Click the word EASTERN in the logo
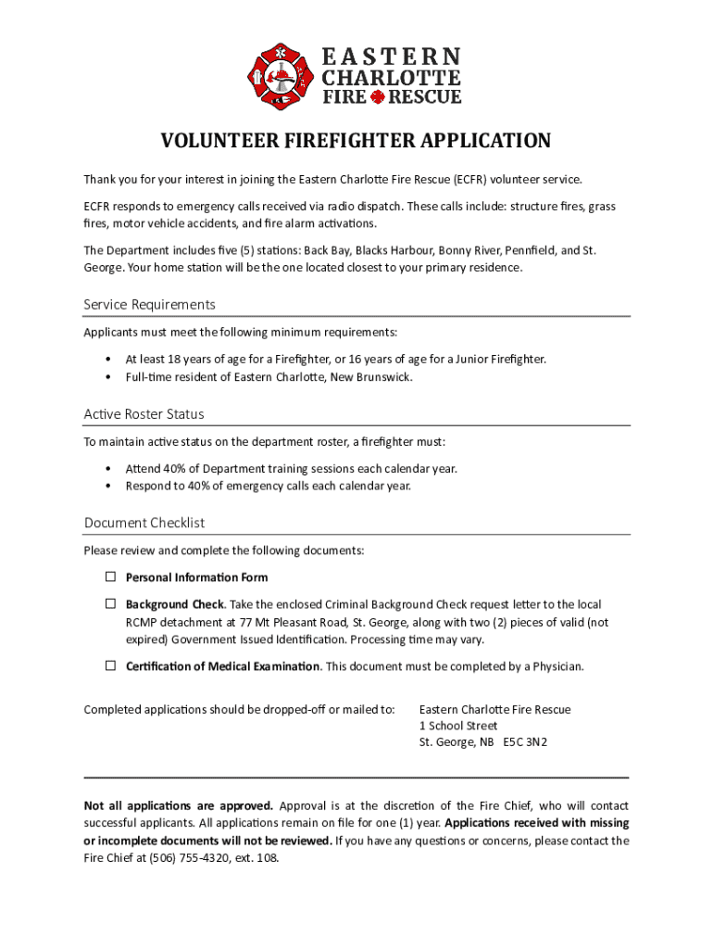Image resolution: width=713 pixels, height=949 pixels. tap(391, 57)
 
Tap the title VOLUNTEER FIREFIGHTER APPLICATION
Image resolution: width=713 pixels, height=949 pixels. tap(356, 141)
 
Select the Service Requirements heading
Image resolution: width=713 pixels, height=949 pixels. tap(149, 305)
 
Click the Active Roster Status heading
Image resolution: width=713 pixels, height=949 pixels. tap(144, 414)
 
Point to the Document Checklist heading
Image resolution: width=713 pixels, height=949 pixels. tap(144, 523)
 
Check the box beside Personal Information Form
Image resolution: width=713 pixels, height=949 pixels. tap(109, 577)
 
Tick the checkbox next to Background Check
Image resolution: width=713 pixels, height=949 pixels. tap(109, 604)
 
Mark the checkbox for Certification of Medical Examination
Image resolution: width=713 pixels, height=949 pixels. tap(109, 666)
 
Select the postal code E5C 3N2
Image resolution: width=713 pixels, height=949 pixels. tap(525, 743)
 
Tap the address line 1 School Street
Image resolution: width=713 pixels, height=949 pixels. tap(458, 727)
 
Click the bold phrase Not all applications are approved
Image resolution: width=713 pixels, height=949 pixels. tap(179, 805)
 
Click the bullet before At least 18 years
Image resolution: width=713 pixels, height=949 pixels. tap(109, 360)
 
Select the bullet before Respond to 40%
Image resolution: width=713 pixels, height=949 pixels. tap(109, 487)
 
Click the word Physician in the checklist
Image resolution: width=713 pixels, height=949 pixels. tap(557, 667)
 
